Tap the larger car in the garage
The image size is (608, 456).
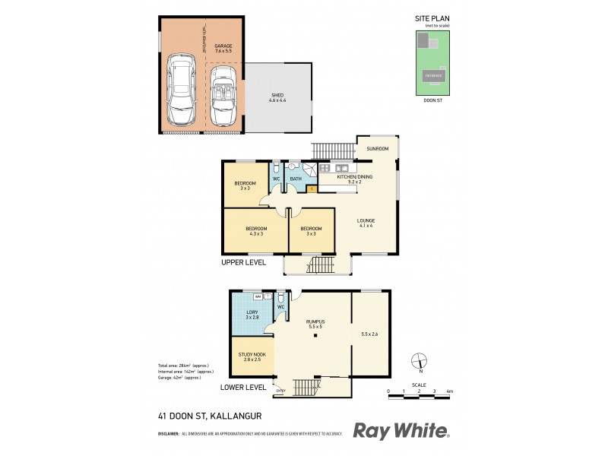click(182, 90)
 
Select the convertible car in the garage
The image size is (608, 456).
click(223, 96)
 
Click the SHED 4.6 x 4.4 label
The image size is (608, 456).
click(278, 97)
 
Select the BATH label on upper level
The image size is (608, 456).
click(295, 179)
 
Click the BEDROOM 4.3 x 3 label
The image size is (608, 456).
click(255, 230)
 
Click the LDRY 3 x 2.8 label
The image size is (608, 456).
click(252, 315)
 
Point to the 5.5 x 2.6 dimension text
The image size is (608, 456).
click(370, 334)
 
